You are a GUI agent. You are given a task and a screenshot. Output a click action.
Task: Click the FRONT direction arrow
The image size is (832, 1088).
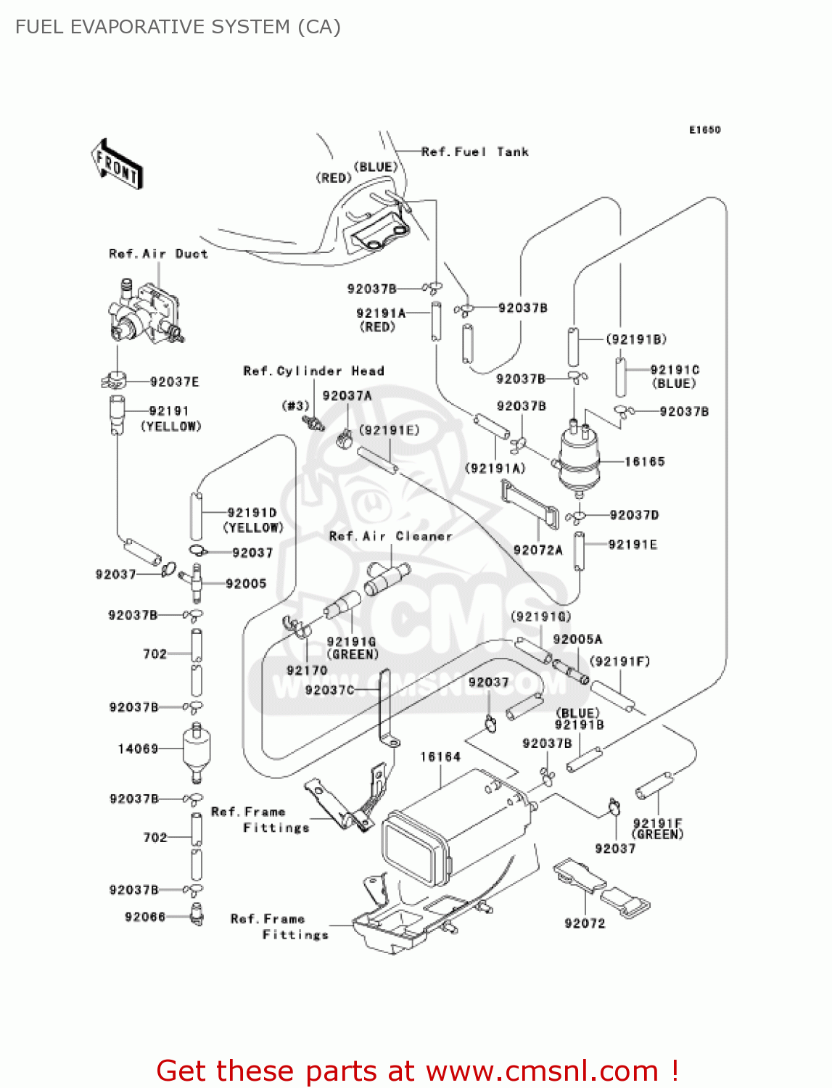point(117,165)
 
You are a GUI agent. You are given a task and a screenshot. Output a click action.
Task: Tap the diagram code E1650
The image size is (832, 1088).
point(704,130)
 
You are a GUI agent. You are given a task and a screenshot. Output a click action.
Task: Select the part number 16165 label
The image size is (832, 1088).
point(644,461)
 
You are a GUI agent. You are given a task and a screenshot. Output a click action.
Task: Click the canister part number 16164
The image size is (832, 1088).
point(440,757)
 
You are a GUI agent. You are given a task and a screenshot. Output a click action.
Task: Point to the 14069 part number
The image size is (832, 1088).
point(138,749)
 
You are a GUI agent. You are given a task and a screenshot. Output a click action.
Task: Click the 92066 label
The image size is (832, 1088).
point(145,917)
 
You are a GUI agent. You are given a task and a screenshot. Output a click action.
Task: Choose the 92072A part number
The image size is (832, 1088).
point(537,550)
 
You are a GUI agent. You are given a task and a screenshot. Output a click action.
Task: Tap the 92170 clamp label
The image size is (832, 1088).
point(307,670)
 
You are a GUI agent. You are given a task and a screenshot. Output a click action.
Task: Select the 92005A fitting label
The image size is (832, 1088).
point(577,639)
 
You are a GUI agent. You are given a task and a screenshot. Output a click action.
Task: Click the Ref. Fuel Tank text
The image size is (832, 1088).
point(475,152)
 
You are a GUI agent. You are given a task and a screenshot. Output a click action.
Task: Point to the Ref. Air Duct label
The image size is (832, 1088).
point(158,254)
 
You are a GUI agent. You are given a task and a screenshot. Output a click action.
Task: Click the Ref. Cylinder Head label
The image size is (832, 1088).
point(313,371)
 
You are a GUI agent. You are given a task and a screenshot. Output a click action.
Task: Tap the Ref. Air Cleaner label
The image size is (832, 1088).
point(390,536)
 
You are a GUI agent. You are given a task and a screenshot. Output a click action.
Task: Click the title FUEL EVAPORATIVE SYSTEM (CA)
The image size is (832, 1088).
point(178,27)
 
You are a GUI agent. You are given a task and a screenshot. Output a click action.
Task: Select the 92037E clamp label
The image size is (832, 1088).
point(174,382)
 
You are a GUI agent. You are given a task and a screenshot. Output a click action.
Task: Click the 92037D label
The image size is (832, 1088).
point(634,515)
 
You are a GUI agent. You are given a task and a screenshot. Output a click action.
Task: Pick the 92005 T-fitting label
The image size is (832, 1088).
point(246,583)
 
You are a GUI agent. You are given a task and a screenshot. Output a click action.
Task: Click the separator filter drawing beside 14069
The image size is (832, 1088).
point(196,751)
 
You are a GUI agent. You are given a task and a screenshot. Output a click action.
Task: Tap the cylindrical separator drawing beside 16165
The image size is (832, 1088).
point(579,458)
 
